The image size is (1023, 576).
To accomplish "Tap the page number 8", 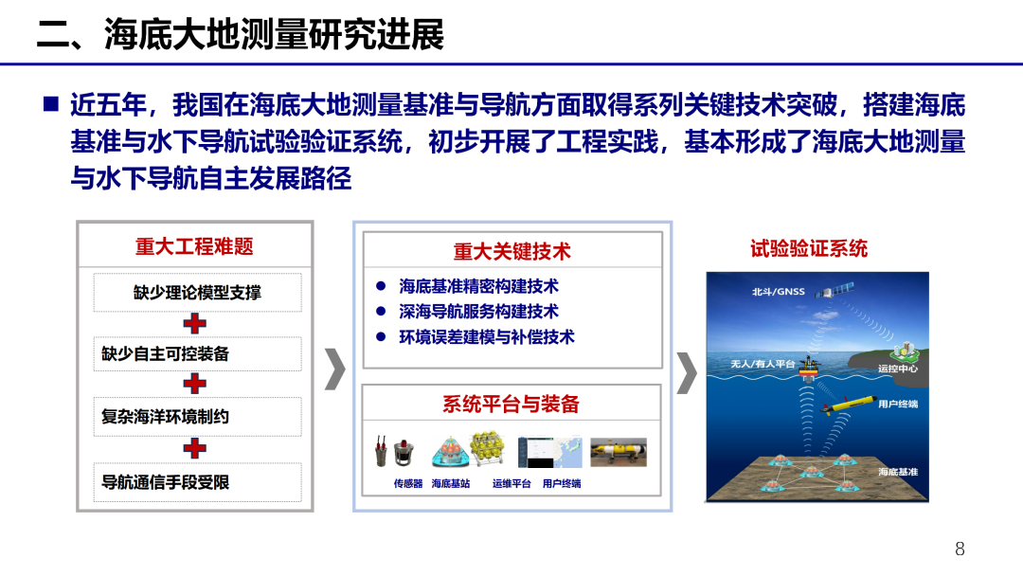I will pyautogui.click(x=960, y=549).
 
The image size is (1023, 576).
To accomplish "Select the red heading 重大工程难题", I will pyautogui.click(x=194, y=246).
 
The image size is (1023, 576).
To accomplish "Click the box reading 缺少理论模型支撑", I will pyautogui.click(x=197, y=293).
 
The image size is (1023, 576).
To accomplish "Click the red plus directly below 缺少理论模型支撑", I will pyautogui.click(x=195, y=323).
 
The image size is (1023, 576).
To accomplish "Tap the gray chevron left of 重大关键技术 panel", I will pyautogui.click(x=334, y=369).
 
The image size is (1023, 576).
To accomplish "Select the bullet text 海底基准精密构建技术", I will pyautogui.click(x=478, y=286).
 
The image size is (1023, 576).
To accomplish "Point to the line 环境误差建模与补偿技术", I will pyautogui.click(x=486, y=336).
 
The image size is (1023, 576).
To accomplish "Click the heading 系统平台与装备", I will pyautogui.click(x=511, y=404).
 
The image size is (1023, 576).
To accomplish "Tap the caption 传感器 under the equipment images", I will pyautogui.click(x=408, y=484).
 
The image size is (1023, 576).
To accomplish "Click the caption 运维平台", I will pyautogui.click(x=511, y=484).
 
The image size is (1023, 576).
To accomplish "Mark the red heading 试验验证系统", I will pyautogui.click(x=809, y=249).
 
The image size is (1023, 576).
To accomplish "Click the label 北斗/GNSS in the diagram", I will pyautogui.click(x=778, y=291).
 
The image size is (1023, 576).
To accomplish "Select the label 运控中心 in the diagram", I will pyautogui.click(x=897, y=368).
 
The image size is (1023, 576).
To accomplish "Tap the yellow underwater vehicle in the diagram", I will pyautogui.click(x=849, y=406).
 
